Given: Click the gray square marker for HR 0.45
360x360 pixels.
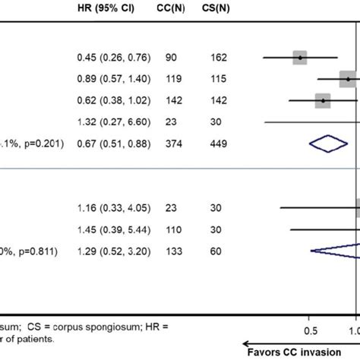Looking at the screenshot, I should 300,58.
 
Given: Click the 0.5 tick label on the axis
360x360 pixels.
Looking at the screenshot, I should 310,331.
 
